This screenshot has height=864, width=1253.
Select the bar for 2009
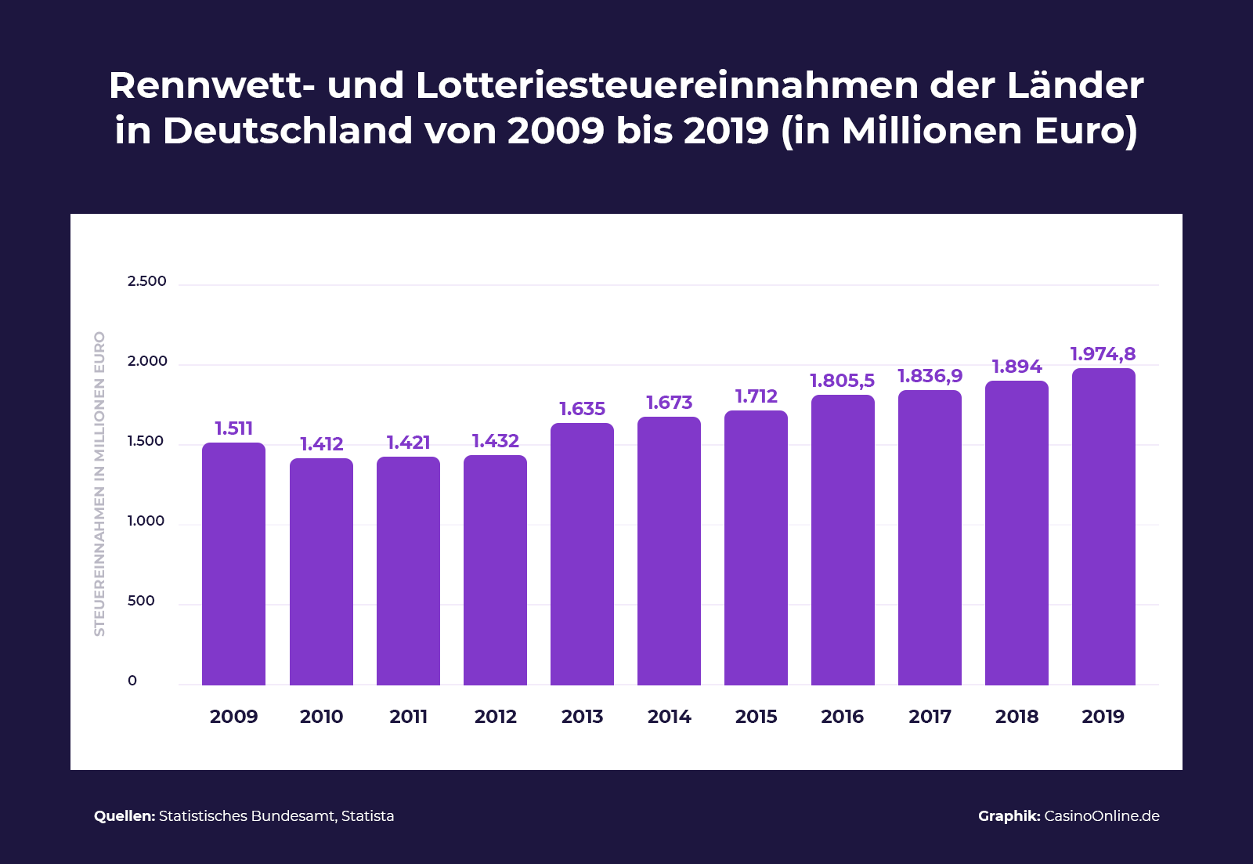click(233, 564)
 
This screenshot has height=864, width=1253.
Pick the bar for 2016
click(843, 540)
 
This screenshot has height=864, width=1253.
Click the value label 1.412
click(322, 444)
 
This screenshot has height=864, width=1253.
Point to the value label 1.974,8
click(1103, 354)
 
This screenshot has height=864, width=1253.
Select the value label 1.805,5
click(842, 381)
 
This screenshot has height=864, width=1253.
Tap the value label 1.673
click(669, 403)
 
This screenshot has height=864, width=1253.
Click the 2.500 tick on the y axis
click(147, 281)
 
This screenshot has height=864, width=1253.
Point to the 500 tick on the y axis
click(141, 601)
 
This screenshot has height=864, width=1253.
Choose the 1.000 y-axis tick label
click(146, 521)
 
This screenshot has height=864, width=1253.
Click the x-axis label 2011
click(408, 717)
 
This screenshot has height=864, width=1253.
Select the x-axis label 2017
click(930, 717)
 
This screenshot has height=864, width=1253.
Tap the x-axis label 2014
click(669, 717)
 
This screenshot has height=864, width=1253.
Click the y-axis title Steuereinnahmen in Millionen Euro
click(99, 483)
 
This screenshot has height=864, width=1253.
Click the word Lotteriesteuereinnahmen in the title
click(666, 85)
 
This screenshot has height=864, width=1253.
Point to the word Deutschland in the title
click(287, 131)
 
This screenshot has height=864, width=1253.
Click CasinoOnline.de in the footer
click(1101, 816)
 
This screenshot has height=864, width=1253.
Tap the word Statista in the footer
click(367, 816)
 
